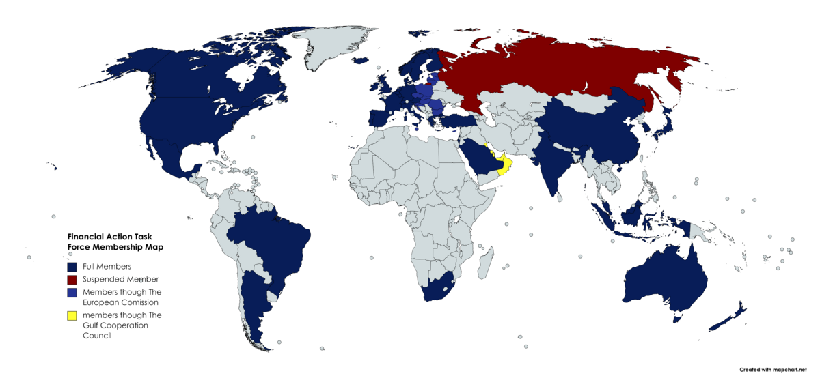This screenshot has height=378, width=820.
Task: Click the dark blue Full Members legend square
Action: click(72, 266)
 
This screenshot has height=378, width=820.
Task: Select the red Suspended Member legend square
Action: click(72, 279)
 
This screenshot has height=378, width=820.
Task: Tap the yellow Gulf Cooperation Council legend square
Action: click(72, 316)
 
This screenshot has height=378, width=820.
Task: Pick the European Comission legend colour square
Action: click(72, 292)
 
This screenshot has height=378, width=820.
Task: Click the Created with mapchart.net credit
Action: click(778, 369)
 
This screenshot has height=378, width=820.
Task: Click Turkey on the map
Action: click(459, 122)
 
